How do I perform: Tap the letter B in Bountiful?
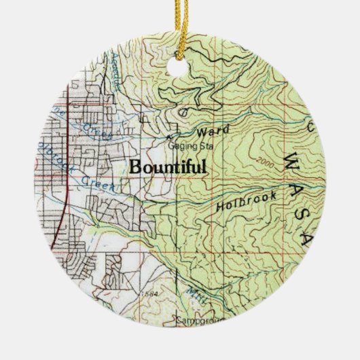tap(134, 166)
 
